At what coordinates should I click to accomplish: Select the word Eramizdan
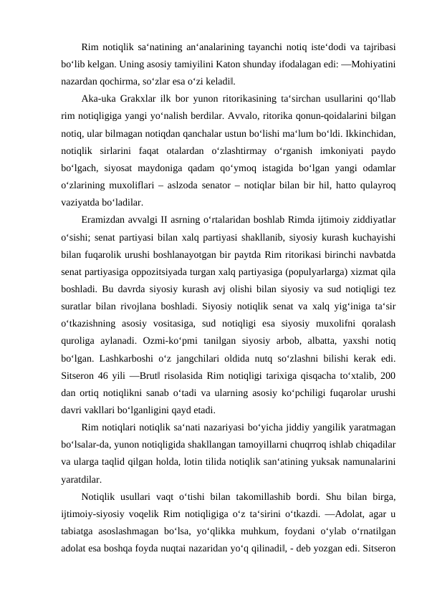105,221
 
